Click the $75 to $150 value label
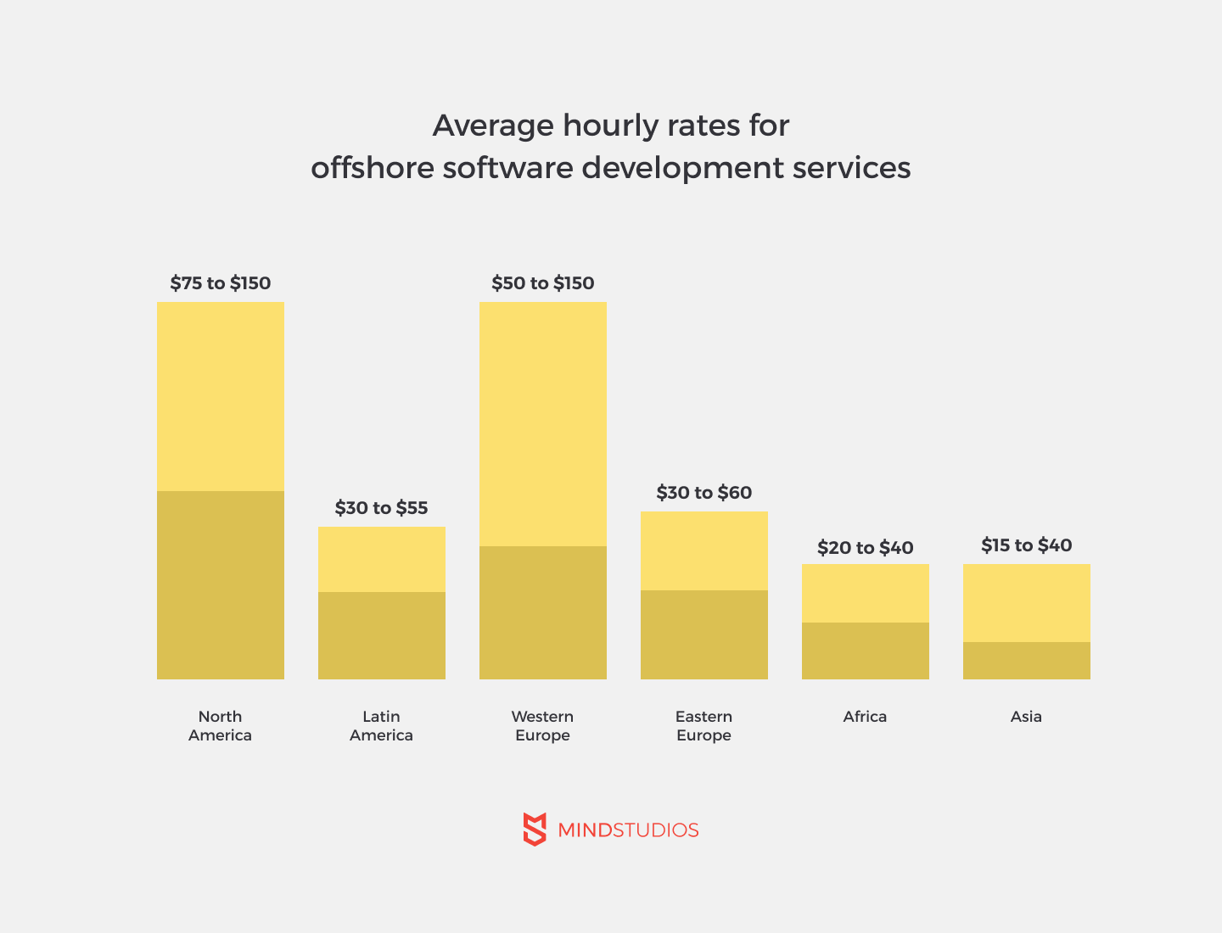click(x=221, y=283)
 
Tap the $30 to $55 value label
click(x=381, y=508)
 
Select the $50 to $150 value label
click(x=543, y=283)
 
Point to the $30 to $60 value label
click(x=704, y=493)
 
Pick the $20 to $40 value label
click(x=866, y=548)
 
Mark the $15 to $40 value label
click(x=1027, y=545)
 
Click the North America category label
click(x=221, y=726)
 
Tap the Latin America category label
click(x=381, y=726)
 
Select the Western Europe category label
click(x=543, y=726)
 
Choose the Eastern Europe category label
click(x=704, y=726)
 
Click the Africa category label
click(x=865, y=717)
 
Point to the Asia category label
click(x=1026, y=717)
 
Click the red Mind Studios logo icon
click(x=535, y=829)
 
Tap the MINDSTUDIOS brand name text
click(x=628, y=830)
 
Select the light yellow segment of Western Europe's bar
click(x=543, y=424)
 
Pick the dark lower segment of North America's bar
click(x=221, y=585)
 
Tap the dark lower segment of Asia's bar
click(x=1027, y=661)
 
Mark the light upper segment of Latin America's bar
click(x=382, y=559)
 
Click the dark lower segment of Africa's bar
click(x=866, y=651)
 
